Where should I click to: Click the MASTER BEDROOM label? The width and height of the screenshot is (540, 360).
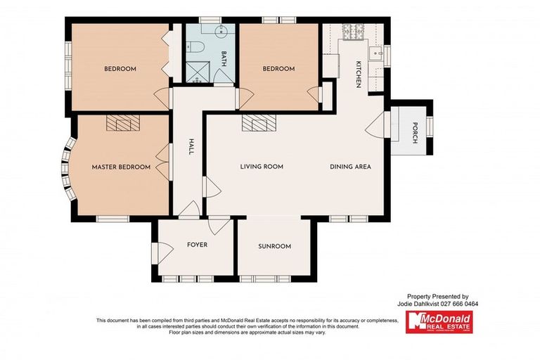pos(121,167)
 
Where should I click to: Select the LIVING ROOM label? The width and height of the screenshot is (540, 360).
pos(262,167)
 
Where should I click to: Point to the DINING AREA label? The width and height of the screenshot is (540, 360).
pos(350,167)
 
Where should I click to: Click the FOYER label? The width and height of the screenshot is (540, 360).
pos(196,246)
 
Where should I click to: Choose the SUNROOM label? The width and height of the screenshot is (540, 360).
pos(274,246)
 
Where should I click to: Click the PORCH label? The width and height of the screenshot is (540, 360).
pos(415,134)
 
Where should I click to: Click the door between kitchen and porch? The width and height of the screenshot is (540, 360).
pos(376,127)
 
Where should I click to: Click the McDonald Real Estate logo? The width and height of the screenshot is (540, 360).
pos(439,322)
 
